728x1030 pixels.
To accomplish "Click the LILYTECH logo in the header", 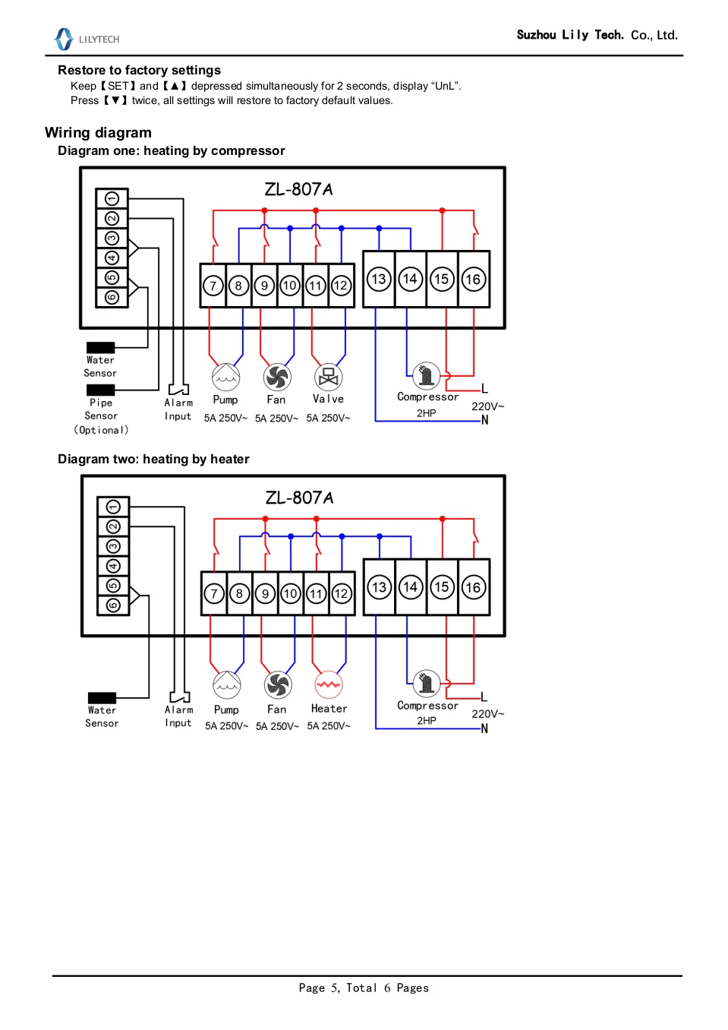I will click(86, 39).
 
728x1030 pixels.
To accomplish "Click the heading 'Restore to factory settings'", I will click(139, 70).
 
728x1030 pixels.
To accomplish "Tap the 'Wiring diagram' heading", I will click(98, 133).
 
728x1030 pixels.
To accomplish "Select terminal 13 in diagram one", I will click(379, 279).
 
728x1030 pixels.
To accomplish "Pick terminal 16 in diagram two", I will click(473, 587).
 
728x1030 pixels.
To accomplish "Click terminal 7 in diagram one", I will click(213, 286).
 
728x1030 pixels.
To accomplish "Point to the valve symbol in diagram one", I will click(328, 377).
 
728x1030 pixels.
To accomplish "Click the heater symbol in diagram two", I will click(329, 684).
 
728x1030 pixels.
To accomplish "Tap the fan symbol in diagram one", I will click(277, 377).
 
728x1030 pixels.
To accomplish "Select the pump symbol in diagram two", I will click(226, 684).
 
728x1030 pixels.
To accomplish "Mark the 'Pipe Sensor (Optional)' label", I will click(101, 416).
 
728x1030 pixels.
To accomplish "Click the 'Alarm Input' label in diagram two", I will click(178, 716).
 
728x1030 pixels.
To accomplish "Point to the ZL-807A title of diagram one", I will click(298, 189).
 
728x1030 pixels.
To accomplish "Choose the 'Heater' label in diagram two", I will click(329, 709).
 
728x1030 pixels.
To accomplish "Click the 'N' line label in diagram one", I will click(485, 420).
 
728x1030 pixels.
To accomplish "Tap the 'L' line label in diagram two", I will click(484, 697).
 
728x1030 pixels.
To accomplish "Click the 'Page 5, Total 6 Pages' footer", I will click(364, 987).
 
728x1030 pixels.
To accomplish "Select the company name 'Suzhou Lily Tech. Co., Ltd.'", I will click(597, 35).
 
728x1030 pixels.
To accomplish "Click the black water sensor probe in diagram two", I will click(102, 697).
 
